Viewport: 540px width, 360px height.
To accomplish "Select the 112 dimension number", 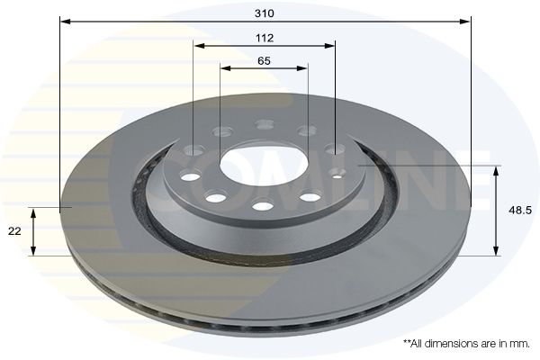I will (264, 38).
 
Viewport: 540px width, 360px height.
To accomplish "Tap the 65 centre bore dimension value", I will (264, 61).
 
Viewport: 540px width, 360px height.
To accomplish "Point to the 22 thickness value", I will (14, 231).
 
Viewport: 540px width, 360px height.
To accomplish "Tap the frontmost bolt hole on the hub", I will (262, 206).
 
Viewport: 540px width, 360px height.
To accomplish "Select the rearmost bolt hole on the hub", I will (264, 125).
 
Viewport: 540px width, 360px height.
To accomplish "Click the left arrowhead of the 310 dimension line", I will (63, 20).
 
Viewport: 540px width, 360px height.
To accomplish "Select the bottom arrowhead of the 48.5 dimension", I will (495, 252).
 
